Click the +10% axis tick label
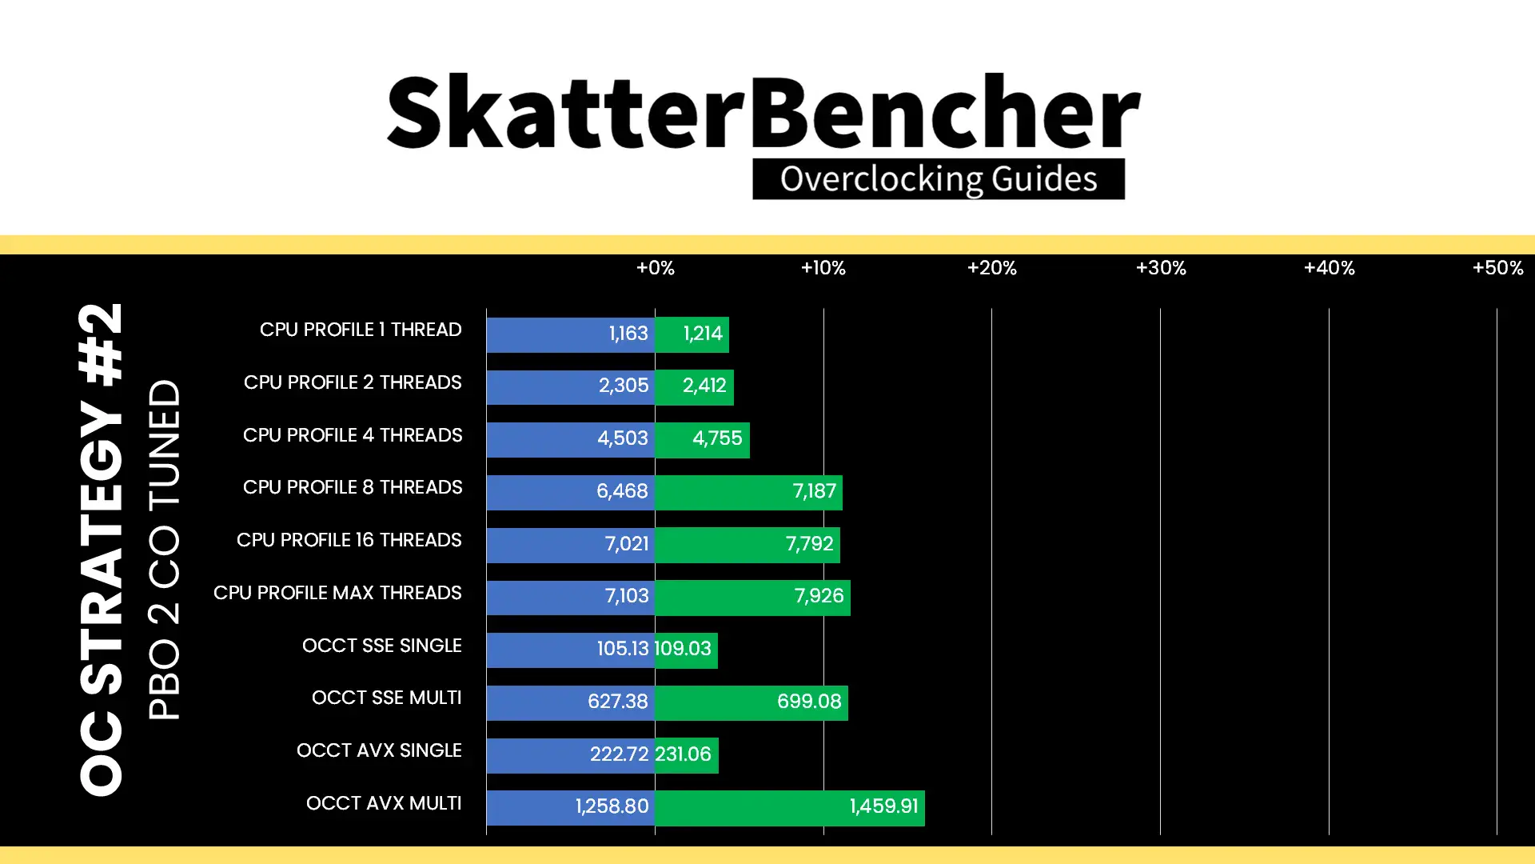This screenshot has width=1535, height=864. (823, 268)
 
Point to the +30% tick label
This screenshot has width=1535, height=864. (1161, 268)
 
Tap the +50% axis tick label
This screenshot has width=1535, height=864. (1497, 268)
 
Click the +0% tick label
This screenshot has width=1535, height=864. (655, 268)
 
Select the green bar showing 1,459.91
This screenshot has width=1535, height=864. (790, 807)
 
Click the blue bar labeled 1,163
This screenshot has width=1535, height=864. (571, 334)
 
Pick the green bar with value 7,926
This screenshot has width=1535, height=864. (752, 597)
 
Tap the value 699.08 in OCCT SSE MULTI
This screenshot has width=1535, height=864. (809, 702)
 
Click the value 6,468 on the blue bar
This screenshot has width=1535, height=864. (622, 491)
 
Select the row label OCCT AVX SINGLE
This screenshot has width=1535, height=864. (379, 750)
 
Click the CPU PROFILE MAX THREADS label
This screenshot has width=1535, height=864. (337, 593)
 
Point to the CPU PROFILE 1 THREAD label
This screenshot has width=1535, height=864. (361, 330)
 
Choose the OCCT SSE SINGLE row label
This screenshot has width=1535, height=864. (382, 646)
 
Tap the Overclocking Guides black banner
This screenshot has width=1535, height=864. (939, 179)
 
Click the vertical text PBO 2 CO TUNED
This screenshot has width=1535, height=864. (165, 550)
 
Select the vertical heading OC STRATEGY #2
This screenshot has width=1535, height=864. (102, 550)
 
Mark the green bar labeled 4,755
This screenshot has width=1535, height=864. (702, 439)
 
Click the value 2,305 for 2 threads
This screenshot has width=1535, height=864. (624, 386)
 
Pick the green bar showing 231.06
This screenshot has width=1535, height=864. (687, 754)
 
